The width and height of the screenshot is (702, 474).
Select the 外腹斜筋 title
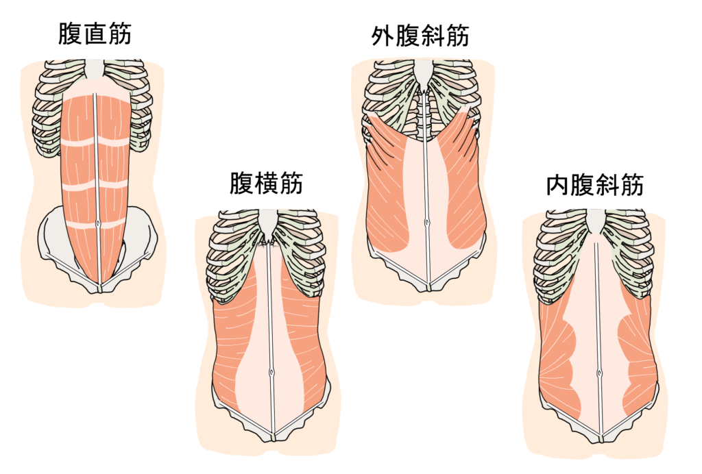(420, 35)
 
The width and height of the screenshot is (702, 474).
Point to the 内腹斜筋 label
(595, 185)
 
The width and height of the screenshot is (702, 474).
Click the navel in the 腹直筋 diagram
(99, 224)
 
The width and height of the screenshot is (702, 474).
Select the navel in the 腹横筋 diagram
(273, 373)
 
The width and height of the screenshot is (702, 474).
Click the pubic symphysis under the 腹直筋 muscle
(100, 286)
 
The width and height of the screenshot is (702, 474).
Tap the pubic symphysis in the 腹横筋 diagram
(274, 436)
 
